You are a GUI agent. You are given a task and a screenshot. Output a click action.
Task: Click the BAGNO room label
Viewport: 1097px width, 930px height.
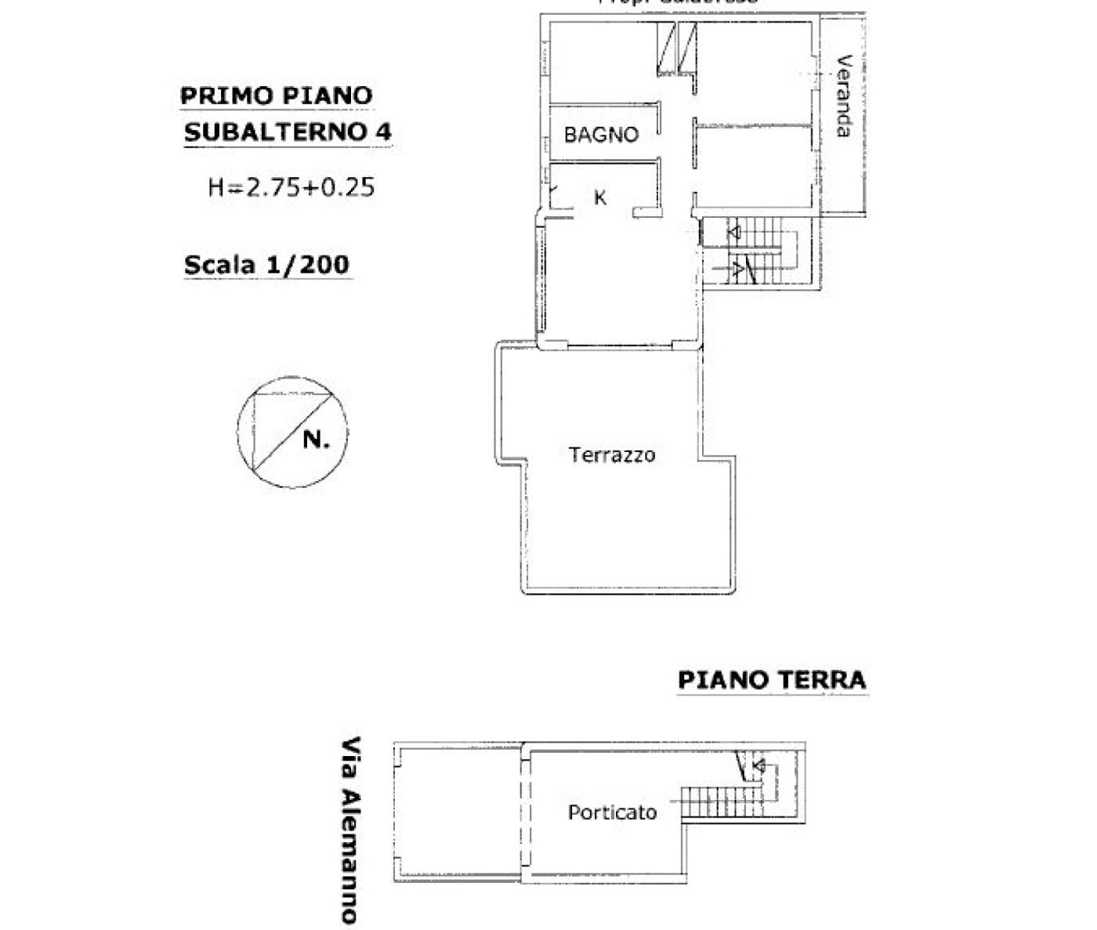click(601, 135)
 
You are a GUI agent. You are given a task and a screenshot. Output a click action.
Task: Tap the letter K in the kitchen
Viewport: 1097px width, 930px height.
click(599, 198)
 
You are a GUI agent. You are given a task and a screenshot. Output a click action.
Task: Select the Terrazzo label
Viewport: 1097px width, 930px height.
click(612, 454)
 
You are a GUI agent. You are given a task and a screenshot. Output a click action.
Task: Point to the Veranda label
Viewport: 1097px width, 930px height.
click(843, 96)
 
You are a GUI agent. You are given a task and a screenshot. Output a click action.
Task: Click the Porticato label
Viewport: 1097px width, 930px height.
click(612, 812)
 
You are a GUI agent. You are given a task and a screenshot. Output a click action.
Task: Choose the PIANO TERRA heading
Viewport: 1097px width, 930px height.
click(772, 679)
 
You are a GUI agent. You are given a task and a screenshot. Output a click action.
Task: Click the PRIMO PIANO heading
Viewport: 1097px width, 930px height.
click(276, 96)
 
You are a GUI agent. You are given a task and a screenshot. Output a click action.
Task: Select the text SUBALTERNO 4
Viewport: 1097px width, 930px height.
click(288, 132)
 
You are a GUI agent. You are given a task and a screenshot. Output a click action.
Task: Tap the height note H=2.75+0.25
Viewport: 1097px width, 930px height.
click(291, 187)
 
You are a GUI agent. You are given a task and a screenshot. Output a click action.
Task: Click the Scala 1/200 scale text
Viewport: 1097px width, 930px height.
click(266, 265)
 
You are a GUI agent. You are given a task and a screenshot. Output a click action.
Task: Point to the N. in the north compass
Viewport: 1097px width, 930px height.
click(316, 440)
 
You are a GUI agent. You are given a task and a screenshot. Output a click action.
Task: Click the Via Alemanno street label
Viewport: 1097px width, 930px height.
click(350, 830)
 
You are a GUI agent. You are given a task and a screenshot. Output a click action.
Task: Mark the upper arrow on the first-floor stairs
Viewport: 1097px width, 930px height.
click(734, 233)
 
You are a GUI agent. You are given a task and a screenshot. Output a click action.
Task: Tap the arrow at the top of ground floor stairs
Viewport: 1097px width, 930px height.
click(758, 765)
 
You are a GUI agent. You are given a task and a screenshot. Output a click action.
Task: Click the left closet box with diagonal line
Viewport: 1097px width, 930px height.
click(666, 49)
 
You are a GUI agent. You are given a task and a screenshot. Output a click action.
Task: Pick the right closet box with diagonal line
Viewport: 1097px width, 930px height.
click(687, 49)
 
